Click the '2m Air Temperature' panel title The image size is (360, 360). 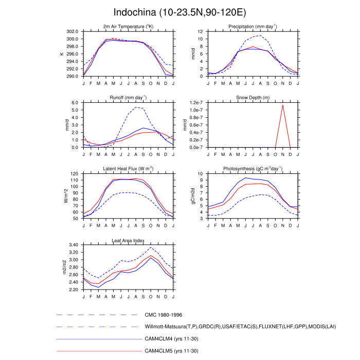pyautogui.click(x=128, y=26)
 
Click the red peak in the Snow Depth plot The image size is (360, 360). pyautogui.click(x=282, y=105)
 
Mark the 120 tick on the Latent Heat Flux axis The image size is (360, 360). pyautogui.click(x=74, y=174)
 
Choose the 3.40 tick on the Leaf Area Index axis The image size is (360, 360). pyautogui.click(x=71, y=245)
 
